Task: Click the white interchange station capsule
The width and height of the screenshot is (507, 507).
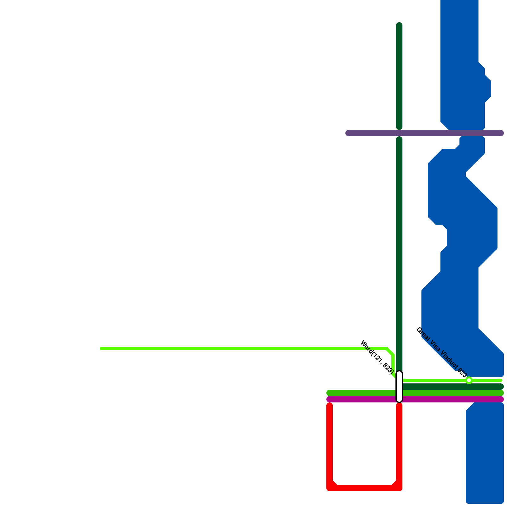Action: [x=399, y=387]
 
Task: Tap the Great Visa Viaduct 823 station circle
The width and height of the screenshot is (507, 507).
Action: [x=469, y=380]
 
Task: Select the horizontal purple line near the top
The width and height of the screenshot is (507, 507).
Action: [x=425, y=133]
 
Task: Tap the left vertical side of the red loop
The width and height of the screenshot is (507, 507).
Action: [x=330, y=444]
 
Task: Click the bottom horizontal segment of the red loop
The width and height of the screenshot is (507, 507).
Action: [x=364, y=488]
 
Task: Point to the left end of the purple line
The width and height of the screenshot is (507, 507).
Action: [x=348, y=133]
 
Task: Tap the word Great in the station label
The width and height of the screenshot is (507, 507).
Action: [x=422, y=333]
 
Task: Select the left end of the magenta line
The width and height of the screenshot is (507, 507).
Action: [x=329, y=399]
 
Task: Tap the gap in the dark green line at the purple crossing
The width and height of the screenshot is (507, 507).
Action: [x=399, y=133]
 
